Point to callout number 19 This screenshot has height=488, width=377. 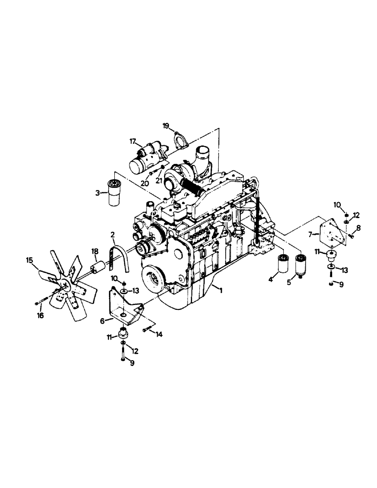coord(166,126)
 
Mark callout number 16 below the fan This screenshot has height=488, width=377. coord(40,316)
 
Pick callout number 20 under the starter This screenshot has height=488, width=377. coord(144,183)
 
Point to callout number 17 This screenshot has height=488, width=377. coord(132,142)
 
